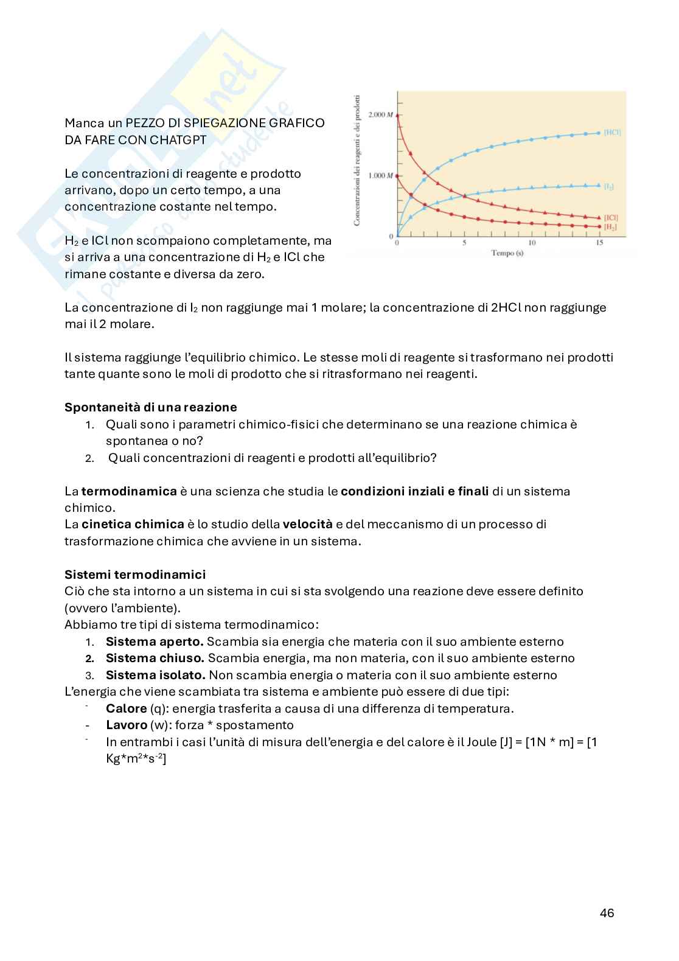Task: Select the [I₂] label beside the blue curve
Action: click(608, 186)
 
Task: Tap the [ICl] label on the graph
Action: click(611, 217)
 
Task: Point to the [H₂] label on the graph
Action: click(610, 226)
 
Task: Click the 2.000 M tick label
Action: click(381, 114)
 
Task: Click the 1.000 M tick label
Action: click(381, 176)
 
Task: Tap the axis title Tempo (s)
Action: click(507, 253)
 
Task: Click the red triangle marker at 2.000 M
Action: click(397, 114)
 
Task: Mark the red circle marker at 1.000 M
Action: click(397, 175)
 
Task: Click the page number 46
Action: click(607, 913)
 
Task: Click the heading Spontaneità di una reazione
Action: click(150, 407)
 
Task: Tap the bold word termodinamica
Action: click(129, 491)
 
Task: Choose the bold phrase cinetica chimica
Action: click(133, 524)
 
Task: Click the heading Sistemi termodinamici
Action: click(135, 575)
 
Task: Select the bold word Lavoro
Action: click(127, 725)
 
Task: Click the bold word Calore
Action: click(126, 708)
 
